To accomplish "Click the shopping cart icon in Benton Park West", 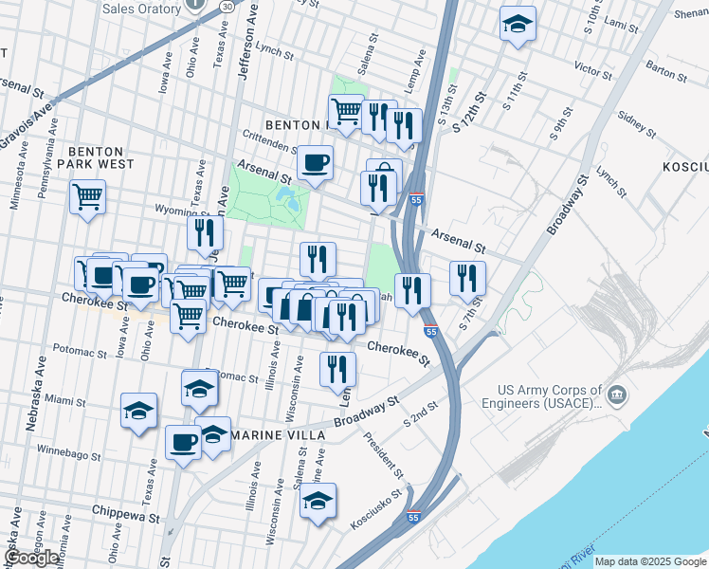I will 87,197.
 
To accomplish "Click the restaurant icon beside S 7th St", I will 467,278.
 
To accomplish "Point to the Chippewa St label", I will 126,517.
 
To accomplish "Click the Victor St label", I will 593,70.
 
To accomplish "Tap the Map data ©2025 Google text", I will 650,561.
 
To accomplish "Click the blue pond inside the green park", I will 285,199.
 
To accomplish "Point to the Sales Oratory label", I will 141,9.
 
